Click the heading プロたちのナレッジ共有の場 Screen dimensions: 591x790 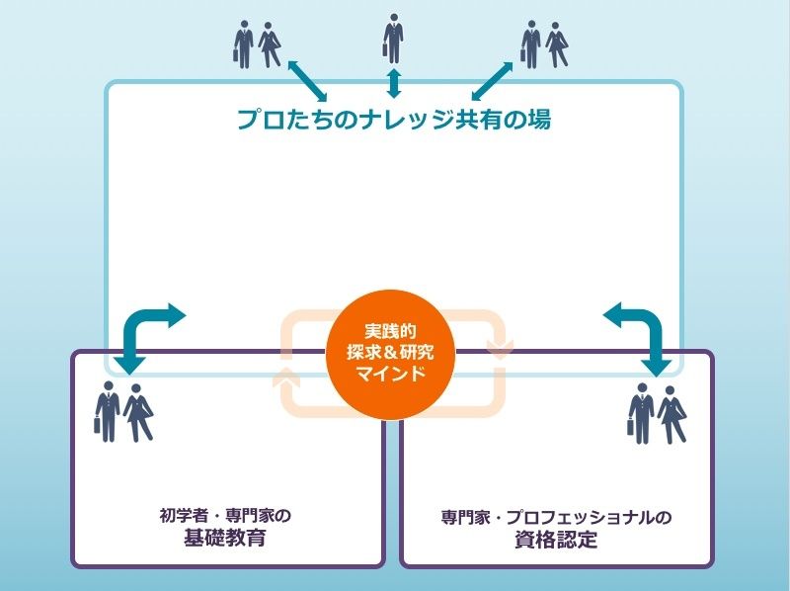(393, 121)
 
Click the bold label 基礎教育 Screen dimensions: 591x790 (225, 540)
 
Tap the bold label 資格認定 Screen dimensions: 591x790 (556, 541)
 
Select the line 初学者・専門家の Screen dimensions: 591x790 (225, 516)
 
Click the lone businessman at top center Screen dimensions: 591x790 (393, 40)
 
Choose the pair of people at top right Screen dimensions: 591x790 (544, 44)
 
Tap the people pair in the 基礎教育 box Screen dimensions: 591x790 (123, 411)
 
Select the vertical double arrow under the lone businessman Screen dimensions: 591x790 (393, 82)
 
